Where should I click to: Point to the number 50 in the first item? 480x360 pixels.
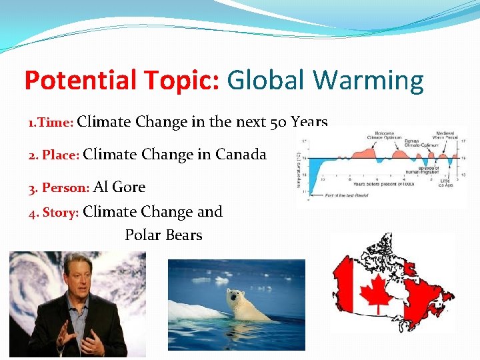pyautogui.click(x=280, y=123)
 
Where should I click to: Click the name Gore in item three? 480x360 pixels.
pyautogui.click(x=129, y=187)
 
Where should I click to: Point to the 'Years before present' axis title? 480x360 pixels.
pyautogui.click(x=377, y=182)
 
